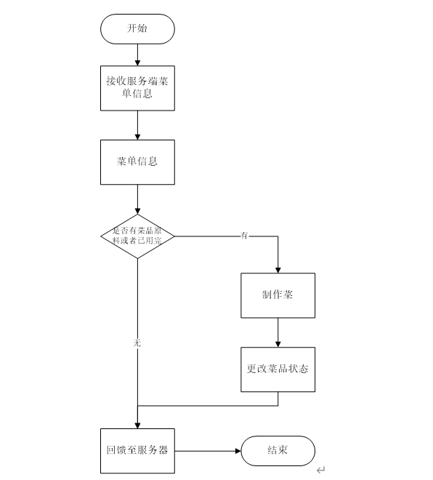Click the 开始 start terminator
[x=137, y=28]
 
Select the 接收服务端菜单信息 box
[x=137, y=88]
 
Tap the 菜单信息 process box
[x=137, y=161]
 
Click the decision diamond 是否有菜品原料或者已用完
[x=137, y=236]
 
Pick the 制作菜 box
[x=278, y=295]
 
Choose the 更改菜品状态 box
[x=278, y=369]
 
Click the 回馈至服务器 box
[x=137, y=450]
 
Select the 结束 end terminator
[x=278, y=451]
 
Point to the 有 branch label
[x=244, y=236]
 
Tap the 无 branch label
[x=137, y=341]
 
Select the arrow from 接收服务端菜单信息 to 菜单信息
[x=137, y=125]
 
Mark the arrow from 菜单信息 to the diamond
[x=137, y=199]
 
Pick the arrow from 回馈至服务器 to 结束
[x=208, y=451]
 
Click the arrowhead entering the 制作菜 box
[x=278, y=269]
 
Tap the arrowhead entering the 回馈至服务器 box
[x=137, y=425]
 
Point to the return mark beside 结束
[x=320, y=471]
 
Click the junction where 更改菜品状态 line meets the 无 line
[x=137, y=406]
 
